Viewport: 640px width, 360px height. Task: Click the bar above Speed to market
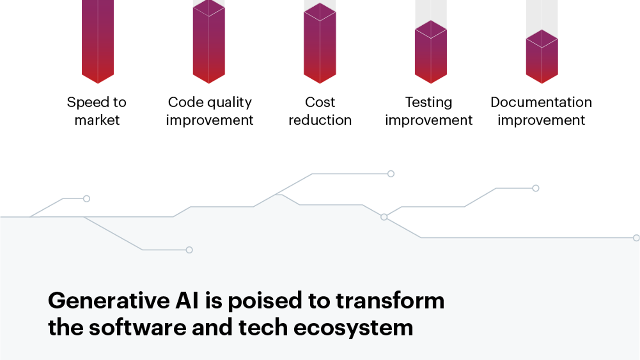[x=98, y=40]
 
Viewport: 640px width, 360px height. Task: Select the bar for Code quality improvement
[x=209, y=44]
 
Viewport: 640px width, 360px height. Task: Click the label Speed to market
[x=97, y=111]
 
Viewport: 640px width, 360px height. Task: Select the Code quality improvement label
[x=210, y=111]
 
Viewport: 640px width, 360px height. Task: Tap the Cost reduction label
[x=320, y=111]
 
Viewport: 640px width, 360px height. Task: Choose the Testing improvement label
[x=429, y=111]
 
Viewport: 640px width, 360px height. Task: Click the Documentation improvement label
[x=541, y=111]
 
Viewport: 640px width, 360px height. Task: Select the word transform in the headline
[x=390, y=301]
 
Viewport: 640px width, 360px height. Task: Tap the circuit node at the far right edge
[x=636, y=238]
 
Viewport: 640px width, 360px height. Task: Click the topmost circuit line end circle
[x=391, y=174]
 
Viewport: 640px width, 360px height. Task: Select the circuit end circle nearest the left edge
[x=87, y=199]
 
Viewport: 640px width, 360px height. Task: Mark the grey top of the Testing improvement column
[x=431, y=11]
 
